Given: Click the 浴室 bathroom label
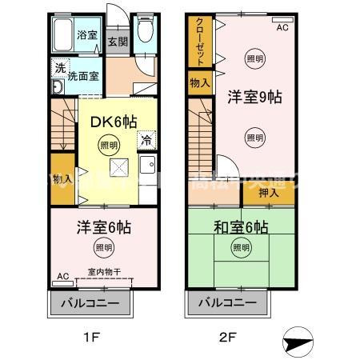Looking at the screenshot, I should coord(86,35).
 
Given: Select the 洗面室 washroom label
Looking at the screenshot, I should coord(82,77).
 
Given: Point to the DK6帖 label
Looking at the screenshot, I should coord(111,121).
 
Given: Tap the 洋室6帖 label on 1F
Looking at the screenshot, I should coord(104,226).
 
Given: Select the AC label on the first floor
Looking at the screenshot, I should coord(62,277).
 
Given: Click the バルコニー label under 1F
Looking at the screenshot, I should coord(90,304).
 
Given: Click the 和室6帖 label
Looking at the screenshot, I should coord(240,226).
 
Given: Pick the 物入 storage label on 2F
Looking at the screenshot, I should coord(199,82).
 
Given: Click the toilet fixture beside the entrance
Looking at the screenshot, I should coord(145,33).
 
